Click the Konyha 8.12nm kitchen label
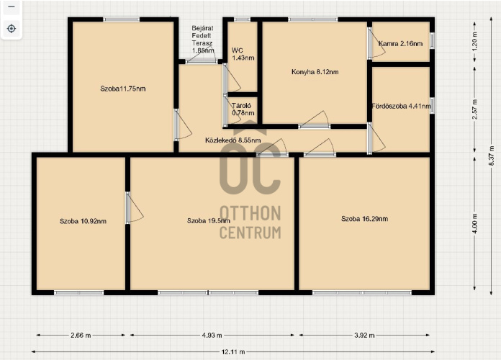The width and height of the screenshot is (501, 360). pyautogui.click(x=315, y=72)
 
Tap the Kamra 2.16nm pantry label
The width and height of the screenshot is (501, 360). pyautogui.click(x=400, y=44)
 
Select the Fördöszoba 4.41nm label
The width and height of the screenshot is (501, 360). pyautogui.click(x=402, y=106)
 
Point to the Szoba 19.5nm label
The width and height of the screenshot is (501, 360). pyautogui.click(x=208, y=220)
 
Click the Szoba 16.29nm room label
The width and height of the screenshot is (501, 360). pyautogui.click(x=364, y=219)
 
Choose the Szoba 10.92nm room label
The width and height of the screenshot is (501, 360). pyautogui.click(x=83, y=221)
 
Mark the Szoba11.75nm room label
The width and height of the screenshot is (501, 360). pyautogui.click(x=122, y=89)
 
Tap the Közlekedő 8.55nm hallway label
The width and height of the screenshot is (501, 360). pyautogui.click(x=233, y=140)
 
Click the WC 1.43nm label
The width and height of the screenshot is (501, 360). pyautogui.click(x=243, y=54)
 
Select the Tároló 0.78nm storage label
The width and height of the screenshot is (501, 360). pyautogui.click(x=243, y=109)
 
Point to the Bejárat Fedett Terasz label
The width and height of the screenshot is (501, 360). pyautogui.click(x=203, y=40)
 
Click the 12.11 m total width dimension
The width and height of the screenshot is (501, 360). pyautogui.click(x=233, y=351)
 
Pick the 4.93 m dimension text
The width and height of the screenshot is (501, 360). pyautogui.click(x=212, y=335)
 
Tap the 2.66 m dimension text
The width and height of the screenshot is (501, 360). pyautogui.click(x=81, y=335)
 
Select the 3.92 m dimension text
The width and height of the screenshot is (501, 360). pyautogui.click(x=364, y=335)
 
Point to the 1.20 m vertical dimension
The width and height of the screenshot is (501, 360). pyautogui.click(x=474, y=40)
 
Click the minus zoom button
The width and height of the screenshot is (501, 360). pyautogui.click(x=12, y=6)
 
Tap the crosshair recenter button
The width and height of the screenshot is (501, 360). pyautogui.click(x=12, y=29)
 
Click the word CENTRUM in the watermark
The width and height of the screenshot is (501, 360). pyautogui.click(x=250, y=233)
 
